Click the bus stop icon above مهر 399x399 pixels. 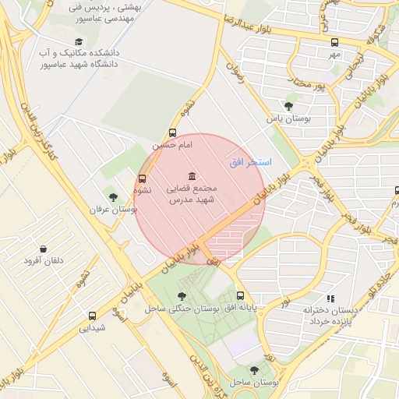(x=334, y=42)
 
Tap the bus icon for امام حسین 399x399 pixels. (x=172, y=132)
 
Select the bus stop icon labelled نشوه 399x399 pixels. (x=141, y=178)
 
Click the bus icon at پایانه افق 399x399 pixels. (x=240, y=295)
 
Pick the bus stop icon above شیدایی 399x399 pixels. (x=93, y=316)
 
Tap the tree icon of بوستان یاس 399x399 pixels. (x=289, y=106)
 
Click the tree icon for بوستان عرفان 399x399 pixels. (x=113, y=197)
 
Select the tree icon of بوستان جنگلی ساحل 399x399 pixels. (x=182, y=295)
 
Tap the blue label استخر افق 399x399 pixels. (x=250, y=162)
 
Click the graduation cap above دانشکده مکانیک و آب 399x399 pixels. (x=78, y=41)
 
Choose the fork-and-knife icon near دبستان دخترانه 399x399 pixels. (x=330, y=298)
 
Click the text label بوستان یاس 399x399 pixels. (x=289, y=119)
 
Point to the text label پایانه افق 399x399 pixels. (x=241, y=308)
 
